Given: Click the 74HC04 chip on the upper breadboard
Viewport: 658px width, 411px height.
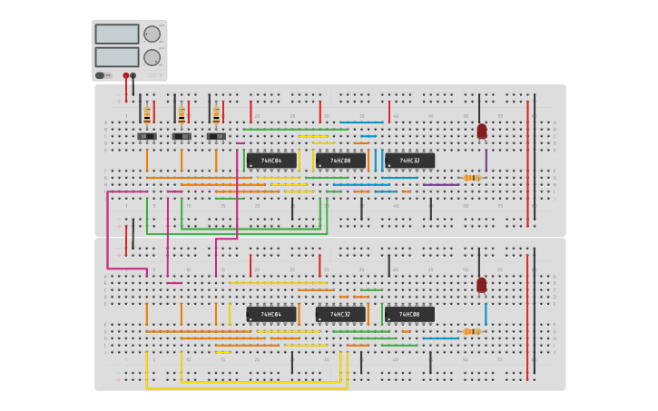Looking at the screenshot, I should (x=271, y=161).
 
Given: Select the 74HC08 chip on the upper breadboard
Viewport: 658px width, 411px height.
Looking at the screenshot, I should (x=340, y=161).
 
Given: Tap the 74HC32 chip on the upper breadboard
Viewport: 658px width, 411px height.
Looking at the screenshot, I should (x=409, y=161).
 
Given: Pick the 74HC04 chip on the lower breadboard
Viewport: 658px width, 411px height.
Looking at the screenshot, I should (x=271, y=315).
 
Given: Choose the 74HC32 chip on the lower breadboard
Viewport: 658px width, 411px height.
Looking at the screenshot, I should (x=340, y=315).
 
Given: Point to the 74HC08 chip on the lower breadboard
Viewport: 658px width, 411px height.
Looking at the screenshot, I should (x=409, y=315).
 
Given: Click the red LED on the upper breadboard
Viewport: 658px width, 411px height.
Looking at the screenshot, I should (x=482, y=132).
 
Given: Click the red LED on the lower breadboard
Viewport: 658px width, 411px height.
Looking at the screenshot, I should (x=482, y=285).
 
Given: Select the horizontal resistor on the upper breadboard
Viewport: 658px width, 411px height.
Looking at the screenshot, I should (x=471, y=178).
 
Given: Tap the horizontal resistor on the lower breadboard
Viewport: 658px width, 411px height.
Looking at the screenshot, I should (x=471, y=332).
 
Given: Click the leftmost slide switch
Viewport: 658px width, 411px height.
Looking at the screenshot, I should (x=147, y=136).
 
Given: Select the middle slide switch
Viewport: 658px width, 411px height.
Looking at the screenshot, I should (x=182, y=136).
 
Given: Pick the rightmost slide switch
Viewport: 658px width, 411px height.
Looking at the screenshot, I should (x=216, y=136).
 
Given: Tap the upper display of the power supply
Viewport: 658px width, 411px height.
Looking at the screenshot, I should (x=117, y=34).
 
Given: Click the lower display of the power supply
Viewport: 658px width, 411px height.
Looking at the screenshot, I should (x=117, y=56).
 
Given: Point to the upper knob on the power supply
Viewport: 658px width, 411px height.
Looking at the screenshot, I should (x=152, y=34).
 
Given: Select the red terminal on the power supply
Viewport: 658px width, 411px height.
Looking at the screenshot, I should (x=126, y=76).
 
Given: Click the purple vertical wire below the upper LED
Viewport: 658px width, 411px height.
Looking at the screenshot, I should (x=486, y=161).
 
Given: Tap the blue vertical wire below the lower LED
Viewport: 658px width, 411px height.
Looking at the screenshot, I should (x=486, y=314).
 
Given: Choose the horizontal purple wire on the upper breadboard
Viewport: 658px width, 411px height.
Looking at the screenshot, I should (x=441, y=185).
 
